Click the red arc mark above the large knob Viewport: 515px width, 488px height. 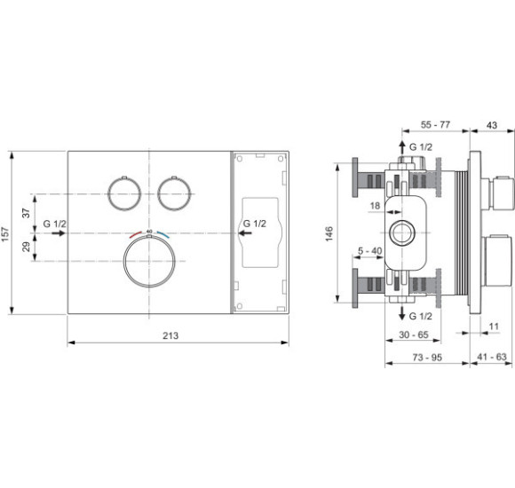135,235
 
